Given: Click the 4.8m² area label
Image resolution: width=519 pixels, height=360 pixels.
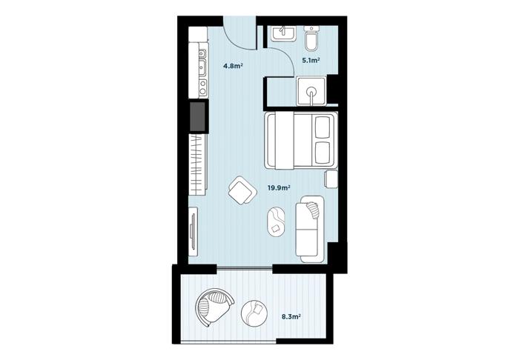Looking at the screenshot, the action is coord(234,66).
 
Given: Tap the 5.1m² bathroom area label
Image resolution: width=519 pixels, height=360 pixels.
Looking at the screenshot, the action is coord(311,60).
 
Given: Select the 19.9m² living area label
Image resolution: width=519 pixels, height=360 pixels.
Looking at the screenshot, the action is coord(279,187).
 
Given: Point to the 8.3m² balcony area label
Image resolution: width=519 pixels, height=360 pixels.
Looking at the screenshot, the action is coord(291,317).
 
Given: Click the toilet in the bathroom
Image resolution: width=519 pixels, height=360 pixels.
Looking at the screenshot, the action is coord(312,39).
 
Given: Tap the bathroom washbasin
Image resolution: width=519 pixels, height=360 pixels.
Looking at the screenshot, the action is coord(284,33).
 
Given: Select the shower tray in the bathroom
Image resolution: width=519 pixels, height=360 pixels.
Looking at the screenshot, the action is coord(311,91).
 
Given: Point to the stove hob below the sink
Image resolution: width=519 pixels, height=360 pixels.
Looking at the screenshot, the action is coord(202,87).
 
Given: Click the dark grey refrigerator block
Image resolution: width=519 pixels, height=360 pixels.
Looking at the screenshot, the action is coord(197,116).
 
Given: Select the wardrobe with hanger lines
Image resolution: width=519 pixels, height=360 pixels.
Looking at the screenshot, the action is coord(198,164).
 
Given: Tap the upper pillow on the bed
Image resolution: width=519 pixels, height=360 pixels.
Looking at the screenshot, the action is coord(323,127).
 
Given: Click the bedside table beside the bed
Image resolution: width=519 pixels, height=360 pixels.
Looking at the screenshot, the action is coord(331,179).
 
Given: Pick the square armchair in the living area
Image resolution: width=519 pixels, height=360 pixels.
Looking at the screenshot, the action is coord(242,190).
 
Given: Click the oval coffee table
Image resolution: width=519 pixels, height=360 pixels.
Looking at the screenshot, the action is coord(276,221).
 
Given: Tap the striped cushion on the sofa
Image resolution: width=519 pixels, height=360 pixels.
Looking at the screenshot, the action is coord(313,210).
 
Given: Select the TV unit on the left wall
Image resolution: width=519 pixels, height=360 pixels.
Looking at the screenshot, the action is coord(193,231).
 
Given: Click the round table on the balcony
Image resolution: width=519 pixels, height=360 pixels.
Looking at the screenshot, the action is coord(254,313).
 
